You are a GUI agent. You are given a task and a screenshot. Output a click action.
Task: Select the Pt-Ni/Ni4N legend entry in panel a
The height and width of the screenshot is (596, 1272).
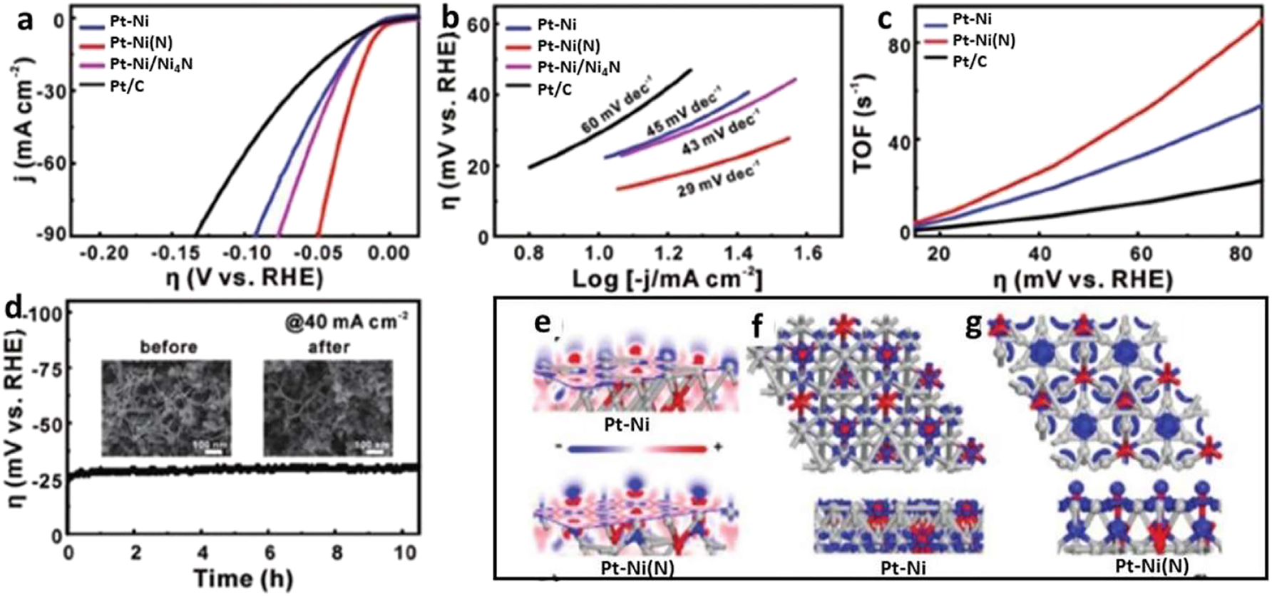coord(150,64)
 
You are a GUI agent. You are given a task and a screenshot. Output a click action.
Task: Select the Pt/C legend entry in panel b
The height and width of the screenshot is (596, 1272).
coord(554,89)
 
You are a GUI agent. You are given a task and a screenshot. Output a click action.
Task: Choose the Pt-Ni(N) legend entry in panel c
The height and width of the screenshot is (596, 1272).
coord(983,41)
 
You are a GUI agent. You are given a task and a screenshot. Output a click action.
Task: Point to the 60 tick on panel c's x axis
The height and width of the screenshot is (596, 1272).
coord(1142,254)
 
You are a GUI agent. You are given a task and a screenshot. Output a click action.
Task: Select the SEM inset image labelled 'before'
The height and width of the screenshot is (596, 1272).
coord(166,407)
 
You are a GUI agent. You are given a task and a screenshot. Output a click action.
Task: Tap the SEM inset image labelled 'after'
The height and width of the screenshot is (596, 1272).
coord(328,407)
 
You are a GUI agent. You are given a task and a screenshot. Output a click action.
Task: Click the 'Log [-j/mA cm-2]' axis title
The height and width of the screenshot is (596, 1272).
coord(667,279)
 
